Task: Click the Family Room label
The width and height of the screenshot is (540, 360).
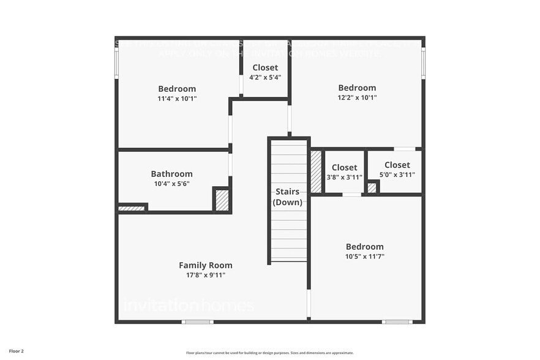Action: [205, 265]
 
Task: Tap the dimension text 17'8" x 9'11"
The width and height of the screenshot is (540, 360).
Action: [206, 275]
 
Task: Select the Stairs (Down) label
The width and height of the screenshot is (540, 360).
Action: [287, 197]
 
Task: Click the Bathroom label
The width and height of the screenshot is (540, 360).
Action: [171, 174]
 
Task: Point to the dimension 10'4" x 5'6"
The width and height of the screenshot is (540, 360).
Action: [171, 184]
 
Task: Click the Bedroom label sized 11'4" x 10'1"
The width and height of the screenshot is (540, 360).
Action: [177, 89]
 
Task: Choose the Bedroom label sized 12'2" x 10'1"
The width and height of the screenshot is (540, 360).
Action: [357, 88]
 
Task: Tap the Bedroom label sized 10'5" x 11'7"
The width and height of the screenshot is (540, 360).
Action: [364, 247]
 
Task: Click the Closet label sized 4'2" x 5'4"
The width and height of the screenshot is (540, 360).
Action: [265, 67]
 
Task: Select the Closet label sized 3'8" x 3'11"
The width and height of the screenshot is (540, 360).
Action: [344, 168]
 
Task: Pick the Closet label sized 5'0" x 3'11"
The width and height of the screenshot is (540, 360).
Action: [397, 165]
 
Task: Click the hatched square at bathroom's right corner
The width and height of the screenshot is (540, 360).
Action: [222, 201]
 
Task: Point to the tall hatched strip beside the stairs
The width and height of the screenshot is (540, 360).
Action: [316, 171]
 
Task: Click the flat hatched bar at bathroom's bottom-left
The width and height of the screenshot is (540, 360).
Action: [132, 209]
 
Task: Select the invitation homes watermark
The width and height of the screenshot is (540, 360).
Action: [188, 304]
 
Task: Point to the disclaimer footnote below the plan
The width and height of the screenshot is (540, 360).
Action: [269, 353]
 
